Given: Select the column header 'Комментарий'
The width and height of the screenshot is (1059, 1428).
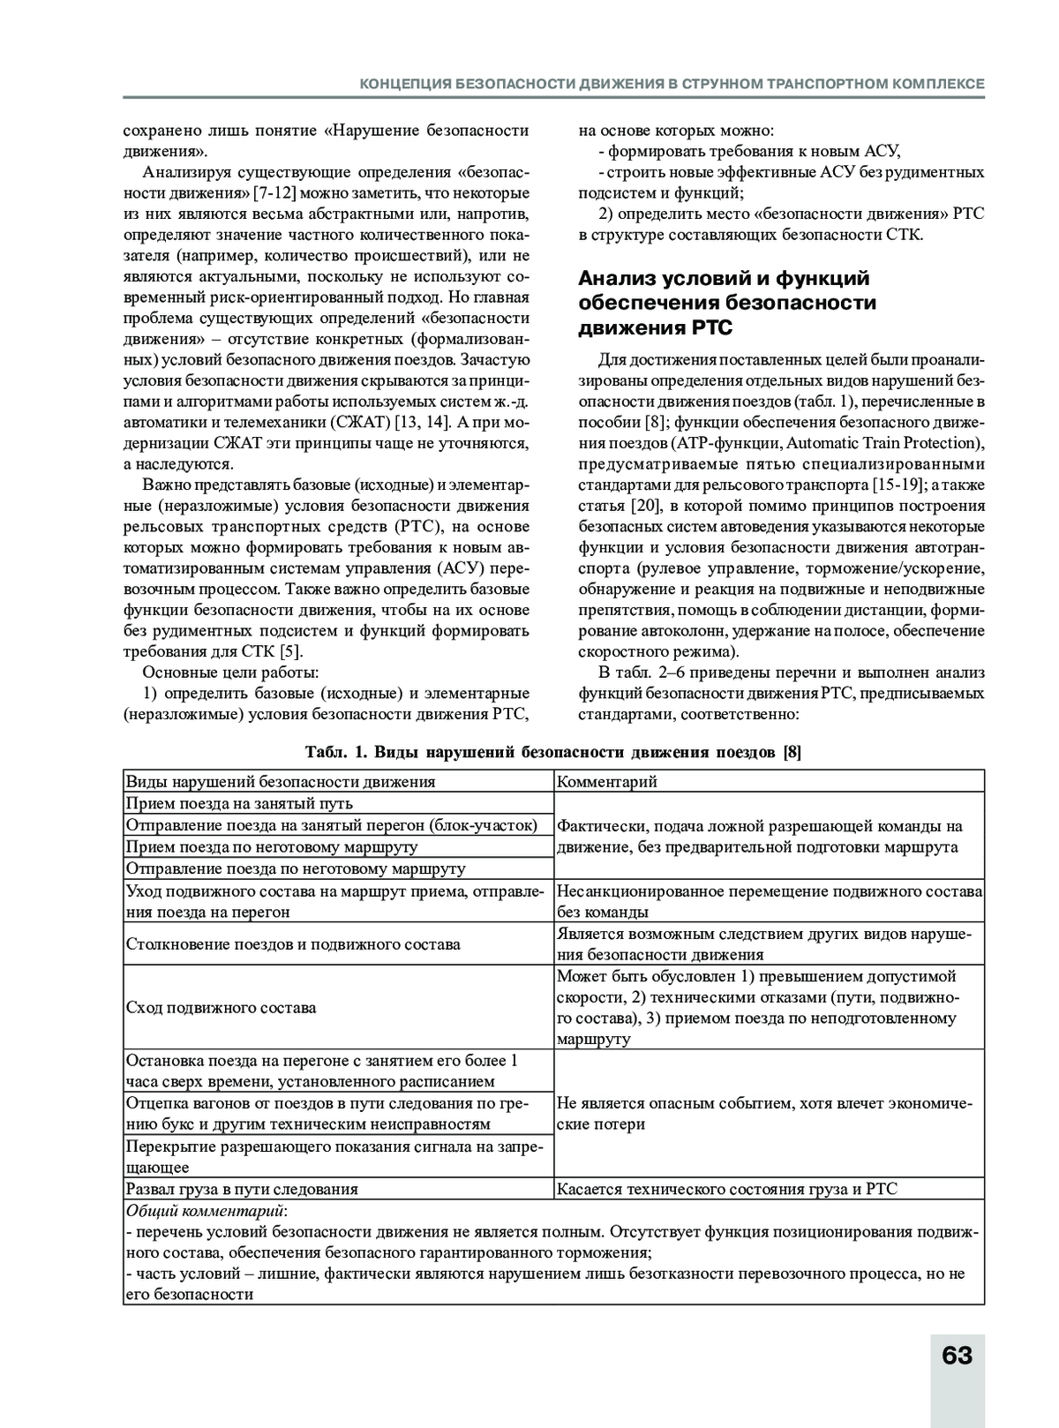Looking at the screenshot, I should pos(607,782).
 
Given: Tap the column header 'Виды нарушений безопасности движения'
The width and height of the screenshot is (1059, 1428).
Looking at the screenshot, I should pos(281,782).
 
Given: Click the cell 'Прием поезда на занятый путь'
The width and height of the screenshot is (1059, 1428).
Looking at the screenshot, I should pos(239,804).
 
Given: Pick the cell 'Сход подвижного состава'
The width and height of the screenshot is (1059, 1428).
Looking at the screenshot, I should pos(221,1008).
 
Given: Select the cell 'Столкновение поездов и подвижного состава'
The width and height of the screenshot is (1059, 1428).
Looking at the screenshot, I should pos(293,944).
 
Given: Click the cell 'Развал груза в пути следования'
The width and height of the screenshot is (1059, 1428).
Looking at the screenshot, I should pos(242,1190).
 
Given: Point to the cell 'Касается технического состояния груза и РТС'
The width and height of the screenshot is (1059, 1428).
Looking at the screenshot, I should pos(727,1190).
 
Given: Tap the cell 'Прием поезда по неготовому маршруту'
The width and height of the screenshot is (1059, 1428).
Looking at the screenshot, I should pos(272,847).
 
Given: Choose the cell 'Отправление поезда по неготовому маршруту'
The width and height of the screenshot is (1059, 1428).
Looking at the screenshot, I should pos(296,869).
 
